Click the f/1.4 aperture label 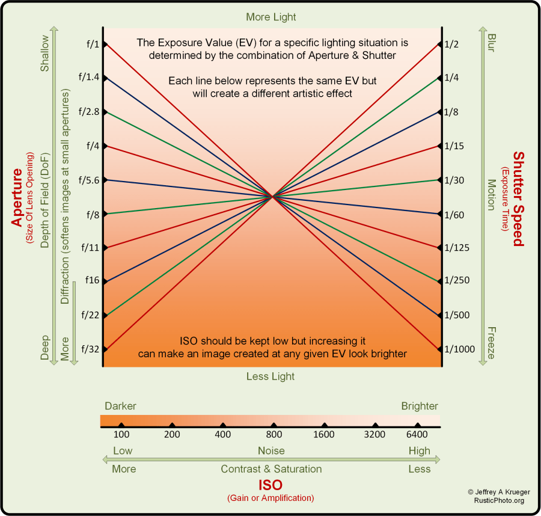tap(92, 78)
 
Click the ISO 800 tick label tap(274, 435)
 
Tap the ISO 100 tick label tap(121, 435)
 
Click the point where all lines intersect tap(273, 196)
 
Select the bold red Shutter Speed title tap(518, 198)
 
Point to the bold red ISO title tap(270, 485)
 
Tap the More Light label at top tap(271, 17)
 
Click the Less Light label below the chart tap(270, 376)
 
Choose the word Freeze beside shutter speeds tap(491, 343)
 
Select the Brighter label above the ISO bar tap(420, 406)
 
